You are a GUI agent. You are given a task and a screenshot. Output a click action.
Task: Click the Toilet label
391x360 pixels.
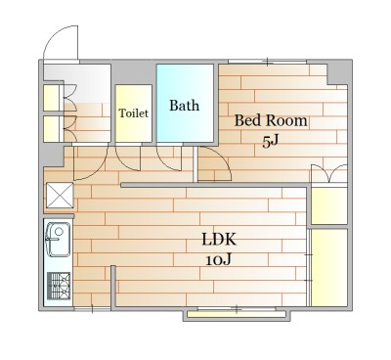click(x=133, y=113)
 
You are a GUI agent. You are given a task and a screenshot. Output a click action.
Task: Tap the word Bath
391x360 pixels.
click(x=184, y=106)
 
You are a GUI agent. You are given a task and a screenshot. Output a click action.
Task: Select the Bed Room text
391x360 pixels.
click(x=271, y=120)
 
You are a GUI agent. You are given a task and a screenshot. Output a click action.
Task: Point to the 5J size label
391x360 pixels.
click(x=271, y=142)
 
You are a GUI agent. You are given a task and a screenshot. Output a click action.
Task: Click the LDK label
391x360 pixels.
click(x=219, y=240)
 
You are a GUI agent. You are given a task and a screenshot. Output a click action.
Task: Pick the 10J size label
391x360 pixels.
click(x=219, y=260)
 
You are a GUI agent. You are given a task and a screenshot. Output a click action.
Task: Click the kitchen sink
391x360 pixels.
click(x=59, y=239)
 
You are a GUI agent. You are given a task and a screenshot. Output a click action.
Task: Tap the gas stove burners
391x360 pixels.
click(x=59, y=286)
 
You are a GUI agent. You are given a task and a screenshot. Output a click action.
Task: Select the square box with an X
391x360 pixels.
click(x=60, y=195)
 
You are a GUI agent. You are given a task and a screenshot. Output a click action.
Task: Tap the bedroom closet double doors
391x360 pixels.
click(x=329, y=173)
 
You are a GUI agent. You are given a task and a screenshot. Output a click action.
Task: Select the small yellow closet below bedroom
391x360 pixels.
click(x=329, y=205)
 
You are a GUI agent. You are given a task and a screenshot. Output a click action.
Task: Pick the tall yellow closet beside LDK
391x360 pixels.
click(x=329, y=267)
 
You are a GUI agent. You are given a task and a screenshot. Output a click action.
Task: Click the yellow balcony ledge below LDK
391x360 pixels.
click(x=237, y=315)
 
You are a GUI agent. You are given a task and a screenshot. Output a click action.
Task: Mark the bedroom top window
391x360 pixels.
click(x=267, y=62)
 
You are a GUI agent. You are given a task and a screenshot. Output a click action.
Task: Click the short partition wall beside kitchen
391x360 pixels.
click(x=113, y=287)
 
